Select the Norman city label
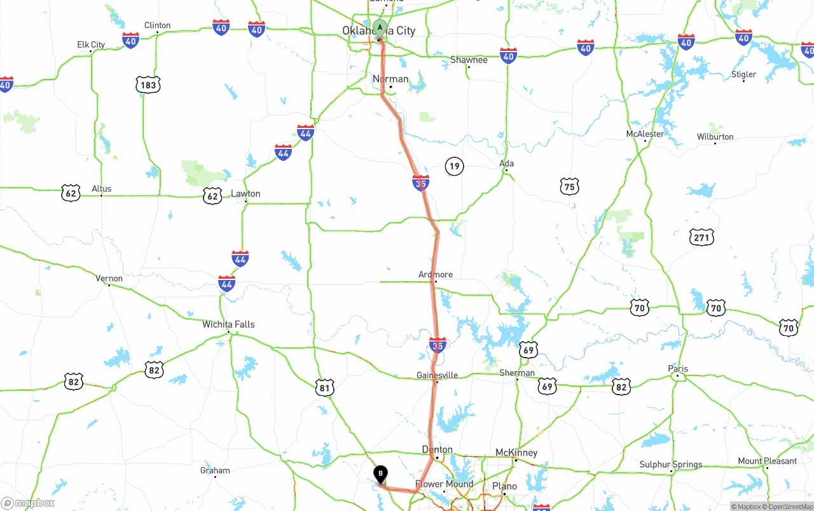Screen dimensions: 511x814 tap(390, 79)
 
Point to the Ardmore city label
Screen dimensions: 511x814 tap(436, 274)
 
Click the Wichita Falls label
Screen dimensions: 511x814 tap(228, 324)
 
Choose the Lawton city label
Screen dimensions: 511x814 tap(245, 193)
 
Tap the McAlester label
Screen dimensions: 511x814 tap(645, 134)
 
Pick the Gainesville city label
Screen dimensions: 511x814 tap(437, 375)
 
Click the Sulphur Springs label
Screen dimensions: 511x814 tap(671, 465)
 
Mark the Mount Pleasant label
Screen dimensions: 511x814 tap(767, 461)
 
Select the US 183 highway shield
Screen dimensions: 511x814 tap(148, 85)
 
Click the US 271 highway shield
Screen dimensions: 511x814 tap(701, 238)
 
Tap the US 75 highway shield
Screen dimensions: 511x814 tap(570, 186)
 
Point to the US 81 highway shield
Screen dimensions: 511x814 tap(324, 387)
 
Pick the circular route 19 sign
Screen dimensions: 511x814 tap(454, 167)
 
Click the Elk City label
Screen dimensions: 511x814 tap(91, 45)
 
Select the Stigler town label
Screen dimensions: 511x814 tap(743, 74)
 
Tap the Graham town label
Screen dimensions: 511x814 tap(215, 471)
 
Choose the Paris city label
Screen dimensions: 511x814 tap(678, 369)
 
